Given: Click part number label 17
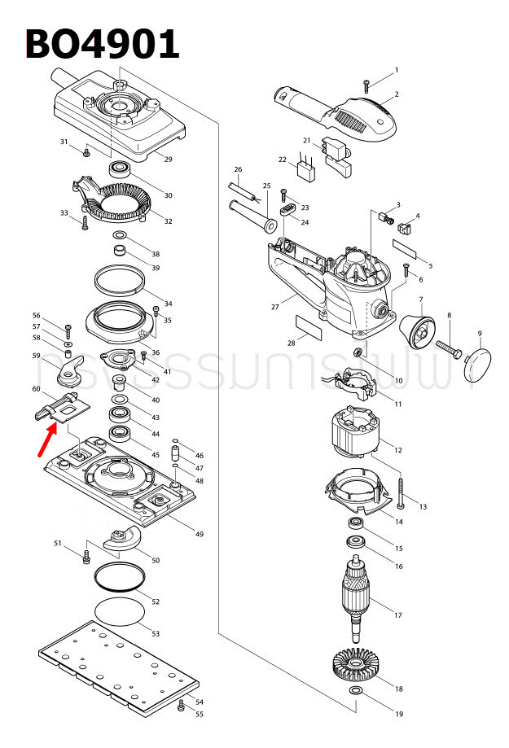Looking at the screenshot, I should point(398,615).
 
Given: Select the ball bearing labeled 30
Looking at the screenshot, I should point(121,171).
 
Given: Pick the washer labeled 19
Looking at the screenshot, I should point(357,692).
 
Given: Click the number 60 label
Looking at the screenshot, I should point(36,389).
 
